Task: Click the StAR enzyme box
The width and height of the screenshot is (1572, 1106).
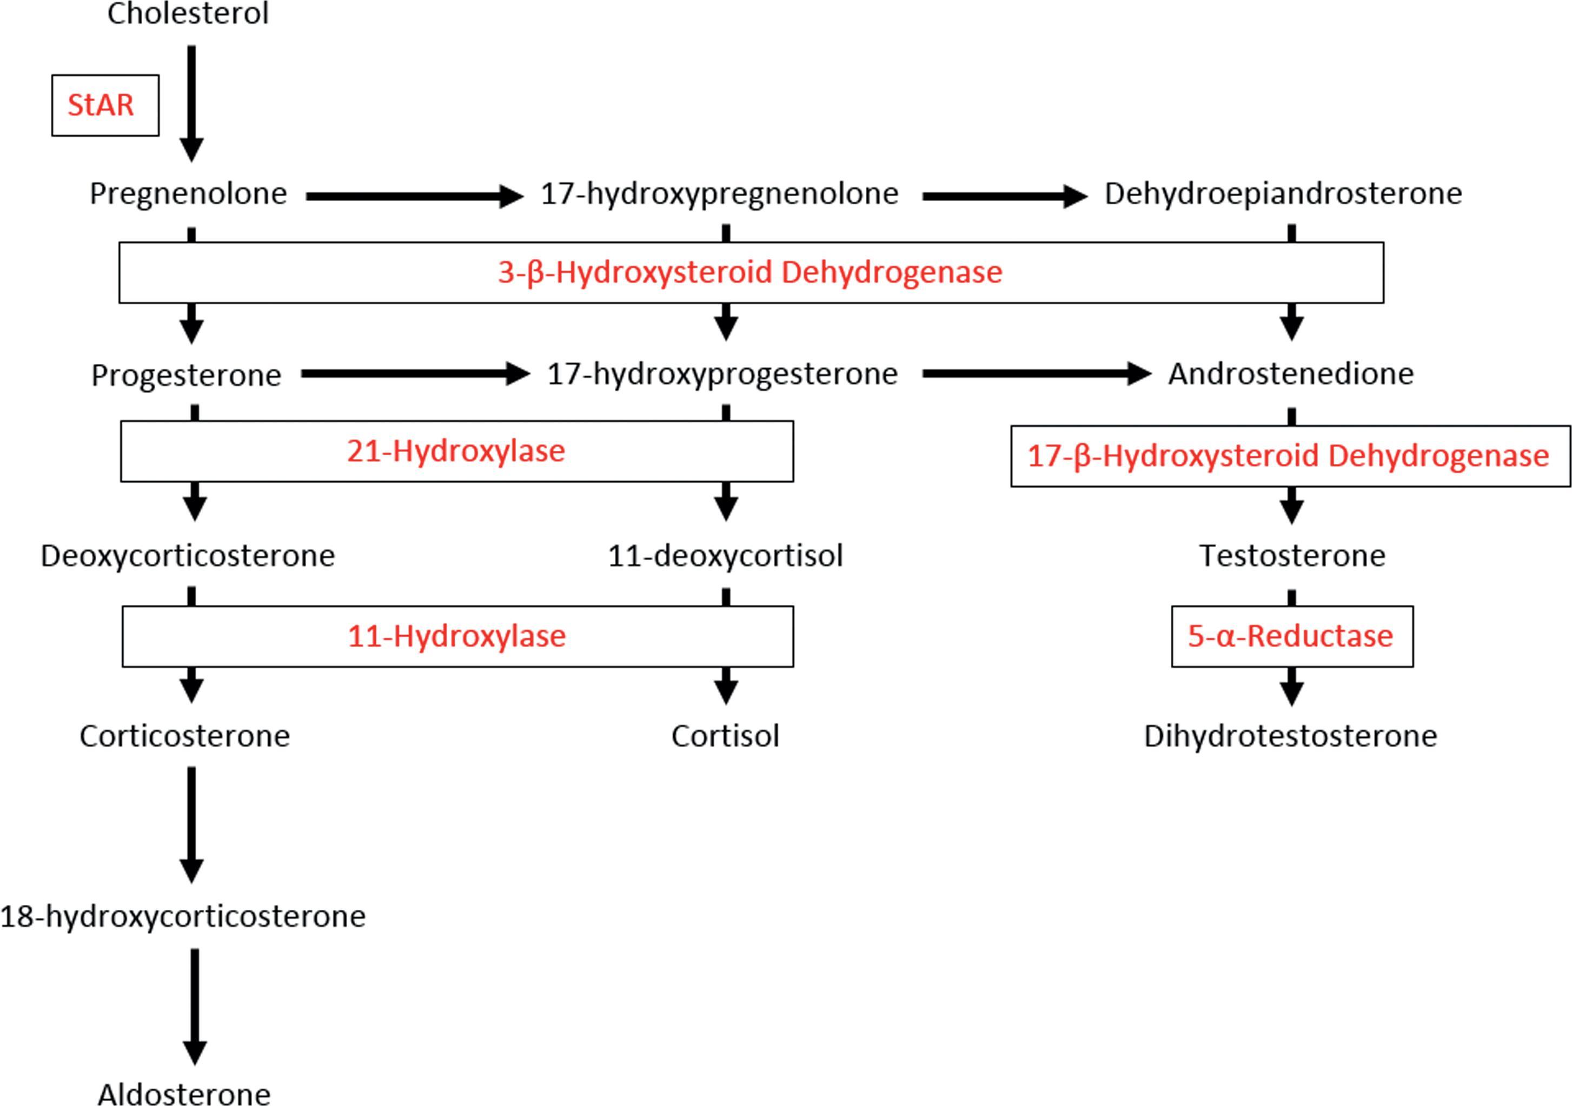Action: coord(105,105)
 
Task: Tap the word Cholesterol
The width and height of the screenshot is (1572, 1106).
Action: coord(188,14)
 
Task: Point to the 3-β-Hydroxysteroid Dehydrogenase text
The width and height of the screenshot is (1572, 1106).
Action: coord(749,272)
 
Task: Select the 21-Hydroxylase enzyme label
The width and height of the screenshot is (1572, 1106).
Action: coord(456,451)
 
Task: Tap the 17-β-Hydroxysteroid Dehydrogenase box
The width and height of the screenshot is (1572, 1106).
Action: coord(1290,456)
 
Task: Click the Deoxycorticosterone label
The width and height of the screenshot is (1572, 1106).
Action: coord(188,556)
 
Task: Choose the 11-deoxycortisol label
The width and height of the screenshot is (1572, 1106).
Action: coord(725,556)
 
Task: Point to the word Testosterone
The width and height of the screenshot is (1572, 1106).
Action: coord(1292,556)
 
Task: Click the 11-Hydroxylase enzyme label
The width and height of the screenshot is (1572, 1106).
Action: coord(456,636)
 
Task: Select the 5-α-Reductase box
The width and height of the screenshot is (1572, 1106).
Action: coord(1291,636)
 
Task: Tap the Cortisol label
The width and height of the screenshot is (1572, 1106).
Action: coord(725,736)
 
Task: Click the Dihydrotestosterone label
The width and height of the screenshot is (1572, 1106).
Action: coord(1290,736)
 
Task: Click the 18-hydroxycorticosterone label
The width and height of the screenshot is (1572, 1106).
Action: coord(183,916)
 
